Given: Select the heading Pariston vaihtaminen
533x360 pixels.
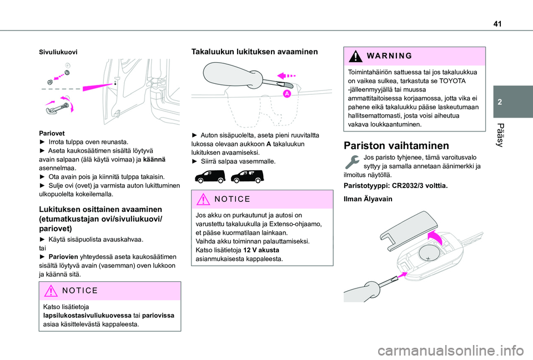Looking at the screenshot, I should pyautogui.click(x=396, y=146).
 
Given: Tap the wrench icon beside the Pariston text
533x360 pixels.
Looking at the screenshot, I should pyautogui.click(x=351, y=162).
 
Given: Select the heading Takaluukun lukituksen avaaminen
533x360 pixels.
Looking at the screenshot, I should pyautogui.click(x=254, y=51).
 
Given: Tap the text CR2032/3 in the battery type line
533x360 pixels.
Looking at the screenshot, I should pyautogui.click(x=411, y=184).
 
